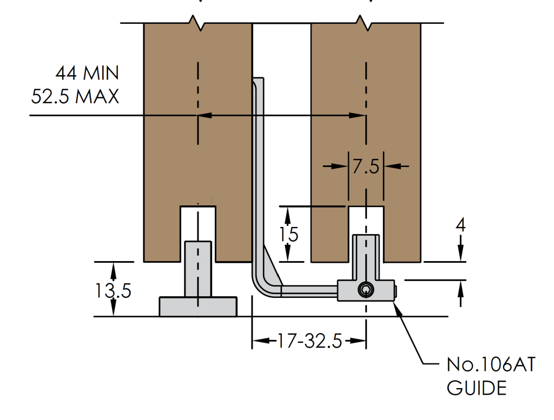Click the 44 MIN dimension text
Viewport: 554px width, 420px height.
click(x=87, y=72)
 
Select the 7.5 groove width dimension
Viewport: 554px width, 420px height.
click(x=366, y=166)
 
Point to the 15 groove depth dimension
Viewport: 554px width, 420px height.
click(x=289, y=235)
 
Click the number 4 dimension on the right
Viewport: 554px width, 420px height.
click(x=460, y=225)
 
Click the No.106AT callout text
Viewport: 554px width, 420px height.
click(x=490, y=365)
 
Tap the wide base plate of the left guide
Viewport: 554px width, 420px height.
click(x=197, y=306)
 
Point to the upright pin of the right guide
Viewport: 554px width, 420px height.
click(x=367, y=257)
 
